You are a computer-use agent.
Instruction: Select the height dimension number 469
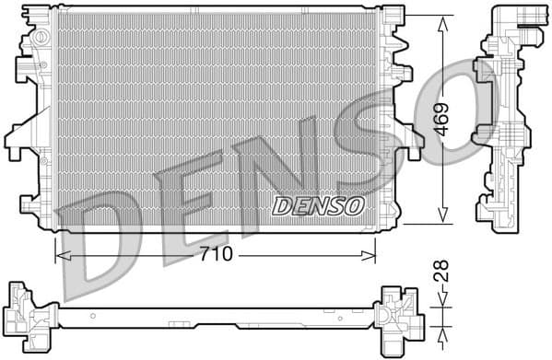coord(442,118)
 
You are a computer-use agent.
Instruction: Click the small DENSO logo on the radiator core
coord(318,204)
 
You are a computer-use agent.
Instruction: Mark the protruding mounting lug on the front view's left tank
coord(17,138)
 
